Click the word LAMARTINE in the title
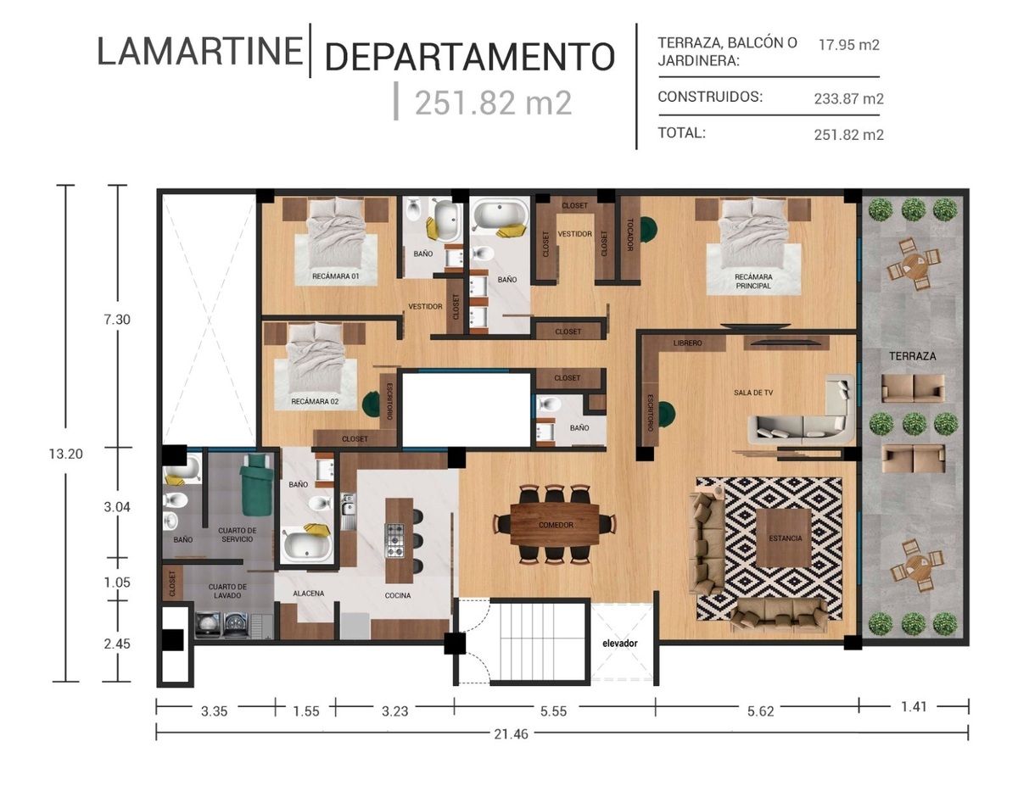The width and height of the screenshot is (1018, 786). click(199, 51)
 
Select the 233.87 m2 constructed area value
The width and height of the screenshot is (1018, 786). click(848, 98)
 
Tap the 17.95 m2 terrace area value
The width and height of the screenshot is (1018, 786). click(848, 45)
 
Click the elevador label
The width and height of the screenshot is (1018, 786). click(620, 644)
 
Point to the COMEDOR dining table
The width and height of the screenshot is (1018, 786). click(555, 524)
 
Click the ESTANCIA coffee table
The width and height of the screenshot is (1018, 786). click(784, 538)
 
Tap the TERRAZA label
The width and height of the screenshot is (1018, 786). click(912, 356)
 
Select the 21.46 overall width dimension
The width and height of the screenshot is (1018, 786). click(511, 734)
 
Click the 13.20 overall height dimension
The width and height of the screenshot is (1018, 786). click(65, 454)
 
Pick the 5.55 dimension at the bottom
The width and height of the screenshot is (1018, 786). click(553, 711)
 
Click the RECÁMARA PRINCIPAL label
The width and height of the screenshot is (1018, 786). click(752, 282)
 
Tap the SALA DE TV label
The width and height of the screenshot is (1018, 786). click(753, 393)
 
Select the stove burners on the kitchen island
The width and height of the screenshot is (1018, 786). click(394, 540)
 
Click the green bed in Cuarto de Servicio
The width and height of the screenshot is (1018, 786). click(256, 484)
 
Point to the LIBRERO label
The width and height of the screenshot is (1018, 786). click(687, 343)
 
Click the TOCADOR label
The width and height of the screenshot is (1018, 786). click(629, 235)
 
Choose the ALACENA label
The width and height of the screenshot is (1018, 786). click(308, 594)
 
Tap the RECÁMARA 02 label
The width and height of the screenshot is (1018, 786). click(315, 401)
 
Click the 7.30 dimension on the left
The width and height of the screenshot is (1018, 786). click(117, 320)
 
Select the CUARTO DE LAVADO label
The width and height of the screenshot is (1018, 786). click(227, 591)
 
